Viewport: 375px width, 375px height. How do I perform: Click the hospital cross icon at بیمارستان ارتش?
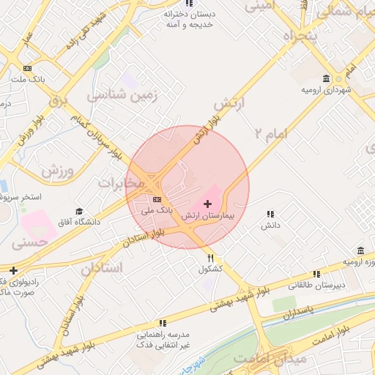coord(207,201)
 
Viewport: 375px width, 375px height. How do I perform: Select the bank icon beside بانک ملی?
coord(157,198)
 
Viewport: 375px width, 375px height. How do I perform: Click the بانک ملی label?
coord(157,210)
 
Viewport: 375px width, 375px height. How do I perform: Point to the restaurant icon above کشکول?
coord(211,258)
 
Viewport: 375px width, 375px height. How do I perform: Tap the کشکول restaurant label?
coord(211,270)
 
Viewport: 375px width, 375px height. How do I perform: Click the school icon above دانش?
coord(271,214)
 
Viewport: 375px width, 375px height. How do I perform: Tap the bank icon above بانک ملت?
coord(28,69)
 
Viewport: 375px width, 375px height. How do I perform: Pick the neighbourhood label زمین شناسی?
coord(117,95)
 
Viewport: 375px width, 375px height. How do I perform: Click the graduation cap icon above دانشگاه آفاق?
coord(79,212)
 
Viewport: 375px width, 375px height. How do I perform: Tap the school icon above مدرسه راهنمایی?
coord(163,322)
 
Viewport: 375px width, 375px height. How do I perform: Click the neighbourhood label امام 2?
coord(272,133)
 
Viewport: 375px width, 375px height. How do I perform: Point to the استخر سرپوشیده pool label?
coord(22,198)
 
